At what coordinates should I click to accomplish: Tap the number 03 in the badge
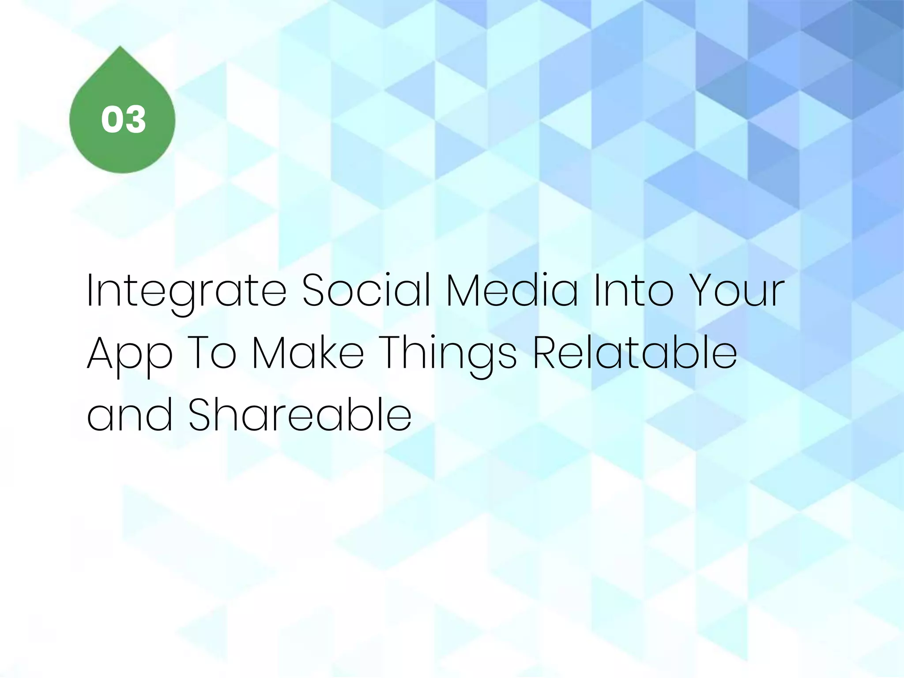[123, 120]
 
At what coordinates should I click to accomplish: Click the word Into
[634, 291]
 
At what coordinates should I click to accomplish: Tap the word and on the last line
[129, 416]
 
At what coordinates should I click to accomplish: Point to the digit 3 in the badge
[136, 120]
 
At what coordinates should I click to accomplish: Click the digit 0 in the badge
[111, 120]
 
